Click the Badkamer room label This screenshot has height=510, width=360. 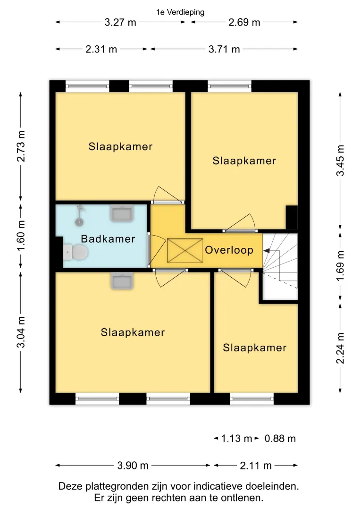[108, 239]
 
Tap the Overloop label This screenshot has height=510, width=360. [229, 250]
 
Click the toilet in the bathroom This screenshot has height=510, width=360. [75, 252]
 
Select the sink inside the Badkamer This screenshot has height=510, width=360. [122, 213]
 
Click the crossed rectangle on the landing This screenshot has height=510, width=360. [185, 250]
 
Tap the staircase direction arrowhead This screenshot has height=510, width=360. [266, 251]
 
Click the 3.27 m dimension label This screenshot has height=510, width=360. [120, 23]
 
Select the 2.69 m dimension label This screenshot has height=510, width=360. [244, 23]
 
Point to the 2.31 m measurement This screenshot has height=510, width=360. [101, 49]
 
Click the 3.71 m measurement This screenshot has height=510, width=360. [224, 49]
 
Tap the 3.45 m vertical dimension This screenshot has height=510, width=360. [340, 161]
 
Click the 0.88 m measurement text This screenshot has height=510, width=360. [280, 438]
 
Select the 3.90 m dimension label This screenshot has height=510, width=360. [133, 466]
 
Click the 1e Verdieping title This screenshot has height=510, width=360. [180, 12]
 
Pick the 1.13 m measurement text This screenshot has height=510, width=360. [236, 438]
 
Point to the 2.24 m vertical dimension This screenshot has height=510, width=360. [340, 348]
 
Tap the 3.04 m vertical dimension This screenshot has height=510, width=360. [21, 332]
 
